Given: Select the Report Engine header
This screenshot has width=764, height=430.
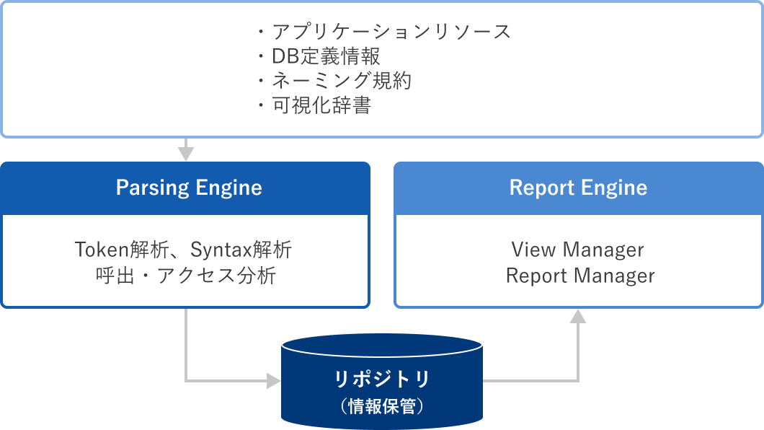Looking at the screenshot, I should click(578, 188).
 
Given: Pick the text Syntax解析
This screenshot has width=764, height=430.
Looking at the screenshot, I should click(241, 250).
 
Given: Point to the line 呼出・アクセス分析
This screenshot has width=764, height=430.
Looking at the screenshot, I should click(186, 276).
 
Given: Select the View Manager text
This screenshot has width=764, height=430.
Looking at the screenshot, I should click(578, 250).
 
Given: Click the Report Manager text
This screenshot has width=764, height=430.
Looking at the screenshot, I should click(580, 276).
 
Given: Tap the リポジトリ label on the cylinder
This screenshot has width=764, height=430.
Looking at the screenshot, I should click(382, 379).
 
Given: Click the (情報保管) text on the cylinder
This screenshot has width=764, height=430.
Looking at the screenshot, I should click(382, 406).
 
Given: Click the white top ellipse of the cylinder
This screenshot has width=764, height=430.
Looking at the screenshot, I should click(382, 344).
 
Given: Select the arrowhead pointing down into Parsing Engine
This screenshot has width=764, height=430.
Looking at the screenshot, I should click(186, 154).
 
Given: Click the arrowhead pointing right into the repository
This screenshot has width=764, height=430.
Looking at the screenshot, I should click(274, 380).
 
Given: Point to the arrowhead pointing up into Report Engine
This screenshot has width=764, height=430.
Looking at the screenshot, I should click(578, 316).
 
